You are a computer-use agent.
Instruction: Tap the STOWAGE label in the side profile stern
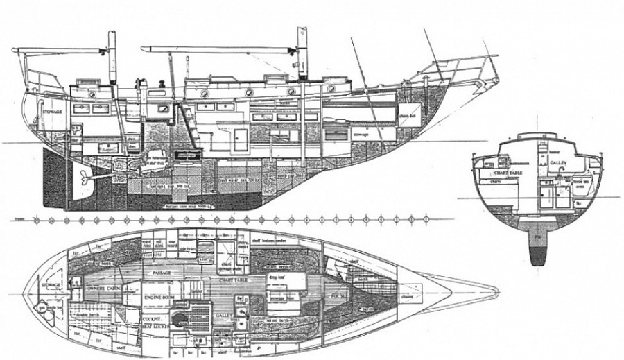point(52,111)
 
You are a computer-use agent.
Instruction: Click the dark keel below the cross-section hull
point(538,254)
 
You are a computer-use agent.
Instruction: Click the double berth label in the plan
point(91,315)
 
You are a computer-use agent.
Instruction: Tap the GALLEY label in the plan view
point(220,314)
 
